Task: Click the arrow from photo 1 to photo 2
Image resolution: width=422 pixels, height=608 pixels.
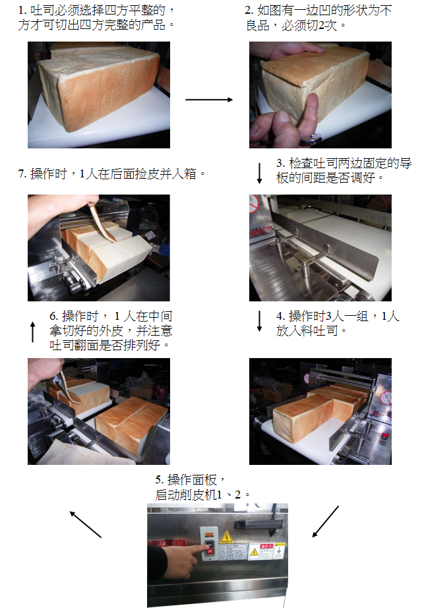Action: coord(209,100)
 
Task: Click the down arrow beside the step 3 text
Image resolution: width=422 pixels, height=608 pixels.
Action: coord(260,173)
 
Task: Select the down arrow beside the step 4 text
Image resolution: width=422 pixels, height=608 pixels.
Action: coord(260,321)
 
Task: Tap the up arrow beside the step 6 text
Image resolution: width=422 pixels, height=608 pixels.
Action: coord(33,332)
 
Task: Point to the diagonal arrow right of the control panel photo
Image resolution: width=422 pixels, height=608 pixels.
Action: coord(326,522)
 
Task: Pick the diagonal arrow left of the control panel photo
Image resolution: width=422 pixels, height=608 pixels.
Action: coord(85,524)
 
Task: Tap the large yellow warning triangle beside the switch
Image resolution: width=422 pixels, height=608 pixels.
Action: coord(226,537)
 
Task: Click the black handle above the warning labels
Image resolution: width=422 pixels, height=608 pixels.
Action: coord(258,524)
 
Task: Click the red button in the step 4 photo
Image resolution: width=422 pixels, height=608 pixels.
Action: coord(384,437)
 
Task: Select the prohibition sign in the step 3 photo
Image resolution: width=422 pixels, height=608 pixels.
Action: coord(254,203)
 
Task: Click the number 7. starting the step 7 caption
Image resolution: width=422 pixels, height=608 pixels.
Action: coord(22,173)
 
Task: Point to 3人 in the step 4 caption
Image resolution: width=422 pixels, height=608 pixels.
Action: coord(334,317)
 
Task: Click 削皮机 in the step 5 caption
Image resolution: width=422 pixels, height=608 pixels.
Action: coord(198,495)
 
